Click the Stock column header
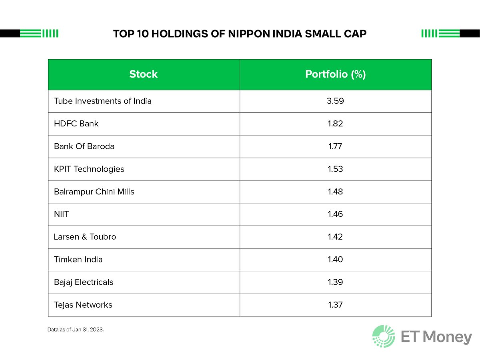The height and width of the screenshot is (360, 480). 143,74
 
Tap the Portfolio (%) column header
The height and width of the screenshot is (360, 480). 335,74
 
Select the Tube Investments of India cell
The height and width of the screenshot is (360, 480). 103,101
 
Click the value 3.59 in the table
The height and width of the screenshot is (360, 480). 335,101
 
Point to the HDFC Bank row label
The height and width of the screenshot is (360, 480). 76,124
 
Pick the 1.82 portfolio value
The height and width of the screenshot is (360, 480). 335,124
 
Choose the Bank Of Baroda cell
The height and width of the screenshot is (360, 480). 84,146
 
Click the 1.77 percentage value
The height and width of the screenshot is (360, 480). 335,146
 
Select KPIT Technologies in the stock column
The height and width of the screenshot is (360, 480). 89,169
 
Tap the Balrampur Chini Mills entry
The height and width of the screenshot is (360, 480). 94,192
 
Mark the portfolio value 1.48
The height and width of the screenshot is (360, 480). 335,192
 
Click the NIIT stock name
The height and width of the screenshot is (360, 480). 61,214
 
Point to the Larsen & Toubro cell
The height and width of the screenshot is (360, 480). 85,237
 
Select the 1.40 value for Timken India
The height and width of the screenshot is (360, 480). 335,260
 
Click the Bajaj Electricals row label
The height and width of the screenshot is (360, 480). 84,282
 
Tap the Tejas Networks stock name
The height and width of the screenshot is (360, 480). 83,305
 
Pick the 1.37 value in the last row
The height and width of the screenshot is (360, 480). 335,305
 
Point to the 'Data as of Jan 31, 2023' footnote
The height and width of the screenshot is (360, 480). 75,330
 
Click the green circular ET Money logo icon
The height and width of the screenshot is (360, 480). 384,336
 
